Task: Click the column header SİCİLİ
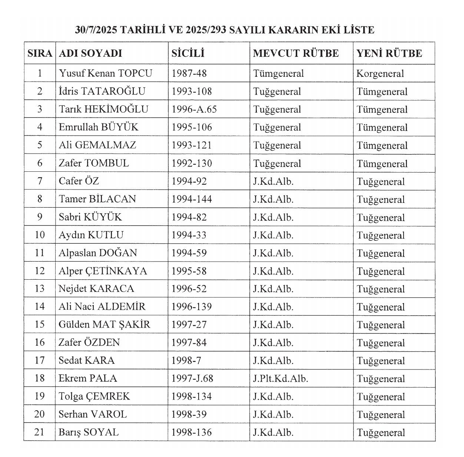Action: (188, 53)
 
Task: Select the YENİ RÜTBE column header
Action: (389, 53)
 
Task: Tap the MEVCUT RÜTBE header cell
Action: (296, 53)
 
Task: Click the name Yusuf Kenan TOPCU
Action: (105, 73)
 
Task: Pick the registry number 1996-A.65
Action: (194, 109)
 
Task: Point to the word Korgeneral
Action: (380, 73)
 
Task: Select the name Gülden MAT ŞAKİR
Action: (104, 325)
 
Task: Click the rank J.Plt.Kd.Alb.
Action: (281, 378)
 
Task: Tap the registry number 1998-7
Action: (186, 361)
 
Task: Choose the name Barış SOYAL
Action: (89, 432)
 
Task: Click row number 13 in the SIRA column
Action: (40, 289)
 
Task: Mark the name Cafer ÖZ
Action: (79, 181)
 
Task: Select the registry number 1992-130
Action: (192, 163)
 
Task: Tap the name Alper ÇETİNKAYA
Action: (103, 271)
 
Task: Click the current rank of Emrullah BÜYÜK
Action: (277, 127)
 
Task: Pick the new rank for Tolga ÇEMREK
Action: (381, 397)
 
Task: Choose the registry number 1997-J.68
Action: (192, 378)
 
